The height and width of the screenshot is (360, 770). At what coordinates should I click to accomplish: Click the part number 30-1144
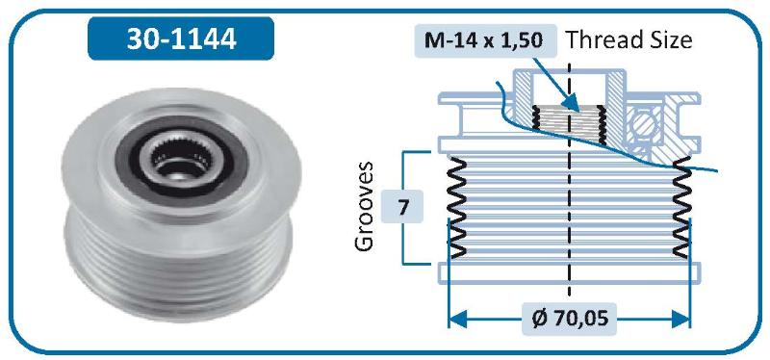pos(181,39)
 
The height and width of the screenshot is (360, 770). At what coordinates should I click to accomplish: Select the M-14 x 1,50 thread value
pos(484,39)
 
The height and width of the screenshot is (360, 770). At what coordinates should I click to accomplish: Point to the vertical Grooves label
pos(365,206)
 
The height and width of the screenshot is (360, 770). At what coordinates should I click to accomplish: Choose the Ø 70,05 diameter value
pos(570,319)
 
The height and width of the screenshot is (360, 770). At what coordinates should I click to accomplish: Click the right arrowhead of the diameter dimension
pos(681,320)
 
